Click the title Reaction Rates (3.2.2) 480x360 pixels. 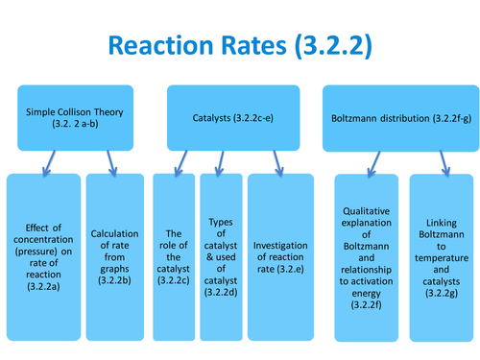point(239,45)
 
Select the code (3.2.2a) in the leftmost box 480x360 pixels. point(43,285)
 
